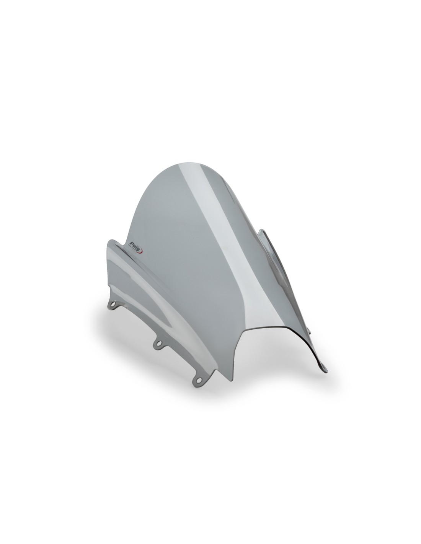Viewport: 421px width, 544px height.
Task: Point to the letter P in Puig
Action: pos(131,242)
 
